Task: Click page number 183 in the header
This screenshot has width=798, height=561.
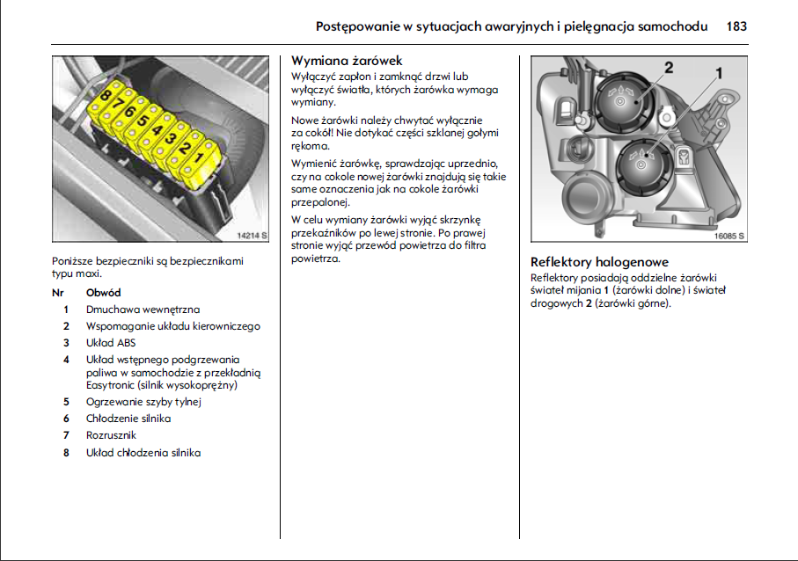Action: click(736, 26)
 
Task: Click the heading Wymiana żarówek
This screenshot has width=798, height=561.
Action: click(347, 61)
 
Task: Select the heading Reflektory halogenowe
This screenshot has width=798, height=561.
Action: click(599, 262)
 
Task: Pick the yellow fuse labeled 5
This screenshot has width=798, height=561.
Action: click(145, 122)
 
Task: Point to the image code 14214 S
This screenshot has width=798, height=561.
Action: click(252, 236)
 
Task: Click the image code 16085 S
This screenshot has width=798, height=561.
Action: click(729, 236)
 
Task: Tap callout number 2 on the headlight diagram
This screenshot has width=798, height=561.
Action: click(669, 68)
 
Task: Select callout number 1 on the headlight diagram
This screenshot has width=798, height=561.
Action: click(718, 73)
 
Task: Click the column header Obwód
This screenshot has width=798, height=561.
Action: click(104, 292)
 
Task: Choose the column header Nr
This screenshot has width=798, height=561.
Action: click(59, 292)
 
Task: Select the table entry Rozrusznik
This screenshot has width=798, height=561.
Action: click(112, 435)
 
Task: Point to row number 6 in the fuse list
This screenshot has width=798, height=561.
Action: click(66, 419)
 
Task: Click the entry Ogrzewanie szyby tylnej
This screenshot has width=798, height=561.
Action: click(144, 402)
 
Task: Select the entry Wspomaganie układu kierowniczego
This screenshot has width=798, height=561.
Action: click(173, 326)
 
